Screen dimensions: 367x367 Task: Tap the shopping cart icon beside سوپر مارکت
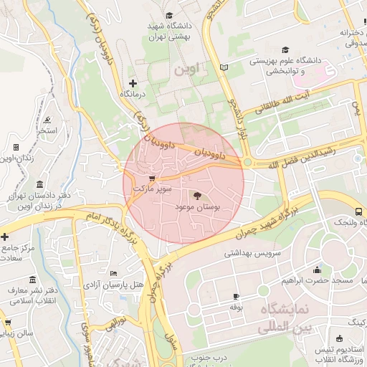[x=151, y=178]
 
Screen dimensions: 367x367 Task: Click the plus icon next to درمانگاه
[x=132, y=83]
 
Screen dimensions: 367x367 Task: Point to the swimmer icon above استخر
[x=47, y=118]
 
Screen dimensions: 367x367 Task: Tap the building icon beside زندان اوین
[x=16, y=147]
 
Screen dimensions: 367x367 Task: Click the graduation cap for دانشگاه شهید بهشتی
[x=169, y=15]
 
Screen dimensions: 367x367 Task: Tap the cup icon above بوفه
[x=237, y=296]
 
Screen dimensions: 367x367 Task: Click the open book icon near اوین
[x=224, y=67]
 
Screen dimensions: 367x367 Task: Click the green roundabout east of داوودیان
[x=247, y=163]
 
